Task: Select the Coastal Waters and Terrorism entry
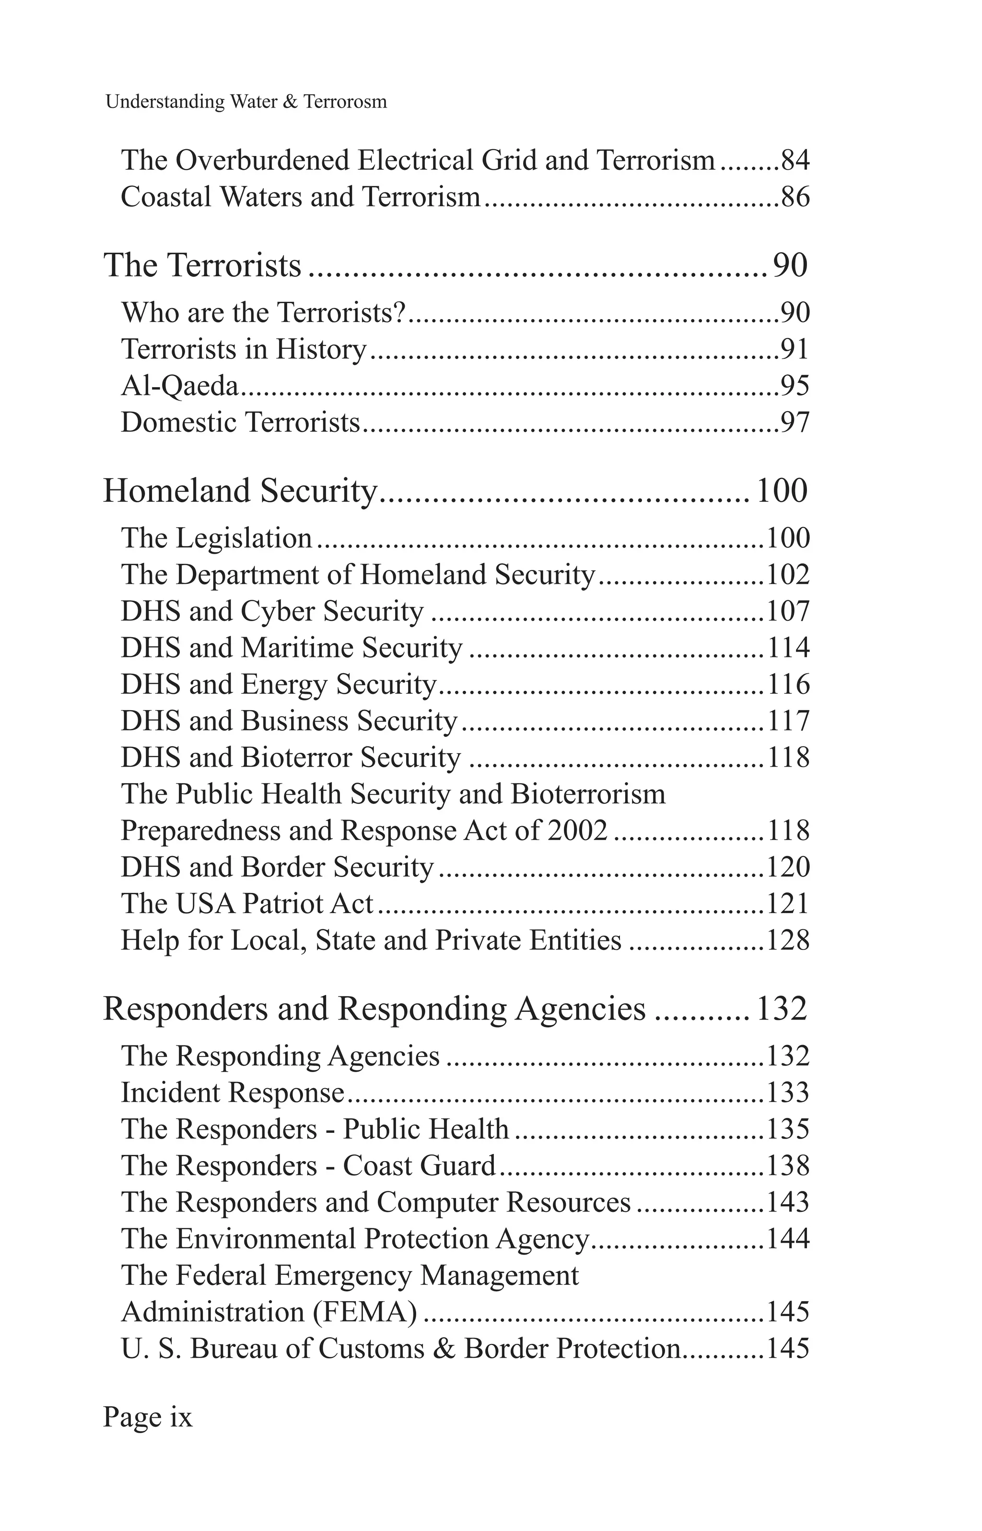click(x=300, y=197)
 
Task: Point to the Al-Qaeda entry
click(x=180, y=386)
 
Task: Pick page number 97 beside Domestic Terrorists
click(x=795, y=422)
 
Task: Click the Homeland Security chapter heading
click(x=240, y=491)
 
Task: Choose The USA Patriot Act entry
click(x=247, y=904)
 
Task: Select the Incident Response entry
click(x=233, y=1093)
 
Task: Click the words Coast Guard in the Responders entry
click(x=419, y=1165)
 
